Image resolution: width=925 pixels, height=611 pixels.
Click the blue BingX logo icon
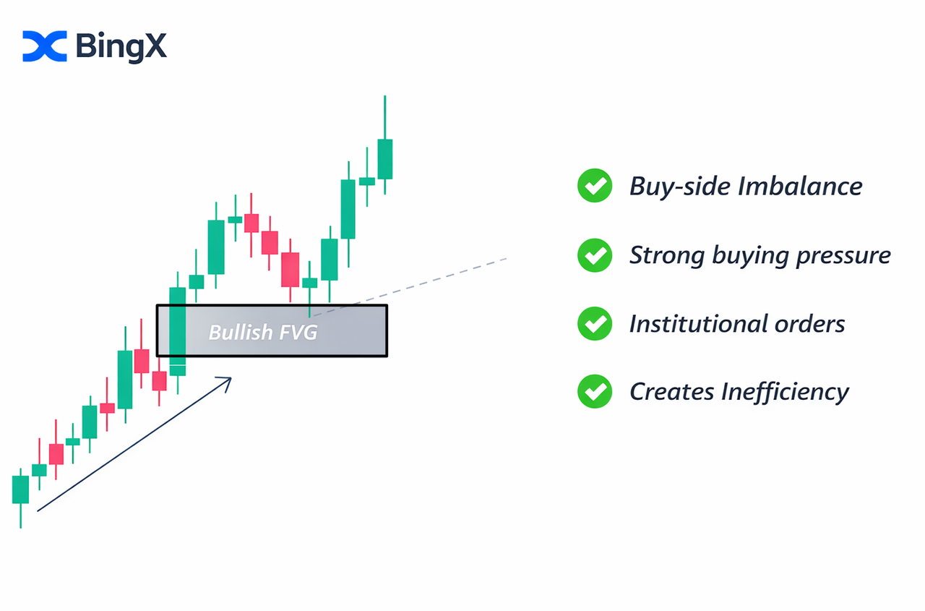point(45,46)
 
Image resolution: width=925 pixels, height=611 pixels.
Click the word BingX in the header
point(121,47)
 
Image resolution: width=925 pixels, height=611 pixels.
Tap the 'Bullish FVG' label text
point(262,332)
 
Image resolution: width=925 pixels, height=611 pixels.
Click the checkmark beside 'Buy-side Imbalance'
point(595,186)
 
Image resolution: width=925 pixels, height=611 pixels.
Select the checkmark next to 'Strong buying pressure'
point(595,255)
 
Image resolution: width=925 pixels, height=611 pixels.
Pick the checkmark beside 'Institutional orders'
point(595,323)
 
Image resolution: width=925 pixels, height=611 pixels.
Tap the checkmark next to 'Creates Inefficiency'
point(595,391)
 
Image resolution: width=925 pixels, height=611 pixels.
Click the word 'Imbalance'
point(800,186)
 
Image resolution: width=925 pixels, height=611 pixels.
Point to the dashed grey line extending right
point(410,287)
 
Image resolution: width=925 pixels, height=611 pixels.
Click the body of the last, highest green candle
point(385,159)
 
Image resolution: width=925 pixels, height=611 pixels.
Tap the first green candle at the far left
point(20,490)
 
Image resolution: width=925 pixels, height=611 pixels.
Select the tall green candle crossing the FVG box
point(178,331)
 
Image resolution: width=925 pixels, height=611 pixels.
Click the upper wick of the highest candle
point(385,117)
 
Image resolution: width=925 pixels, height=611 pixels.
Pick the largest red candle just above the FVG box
point(290,270)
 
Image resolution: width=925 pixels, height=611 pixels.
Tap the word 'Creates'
point(672,392)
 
